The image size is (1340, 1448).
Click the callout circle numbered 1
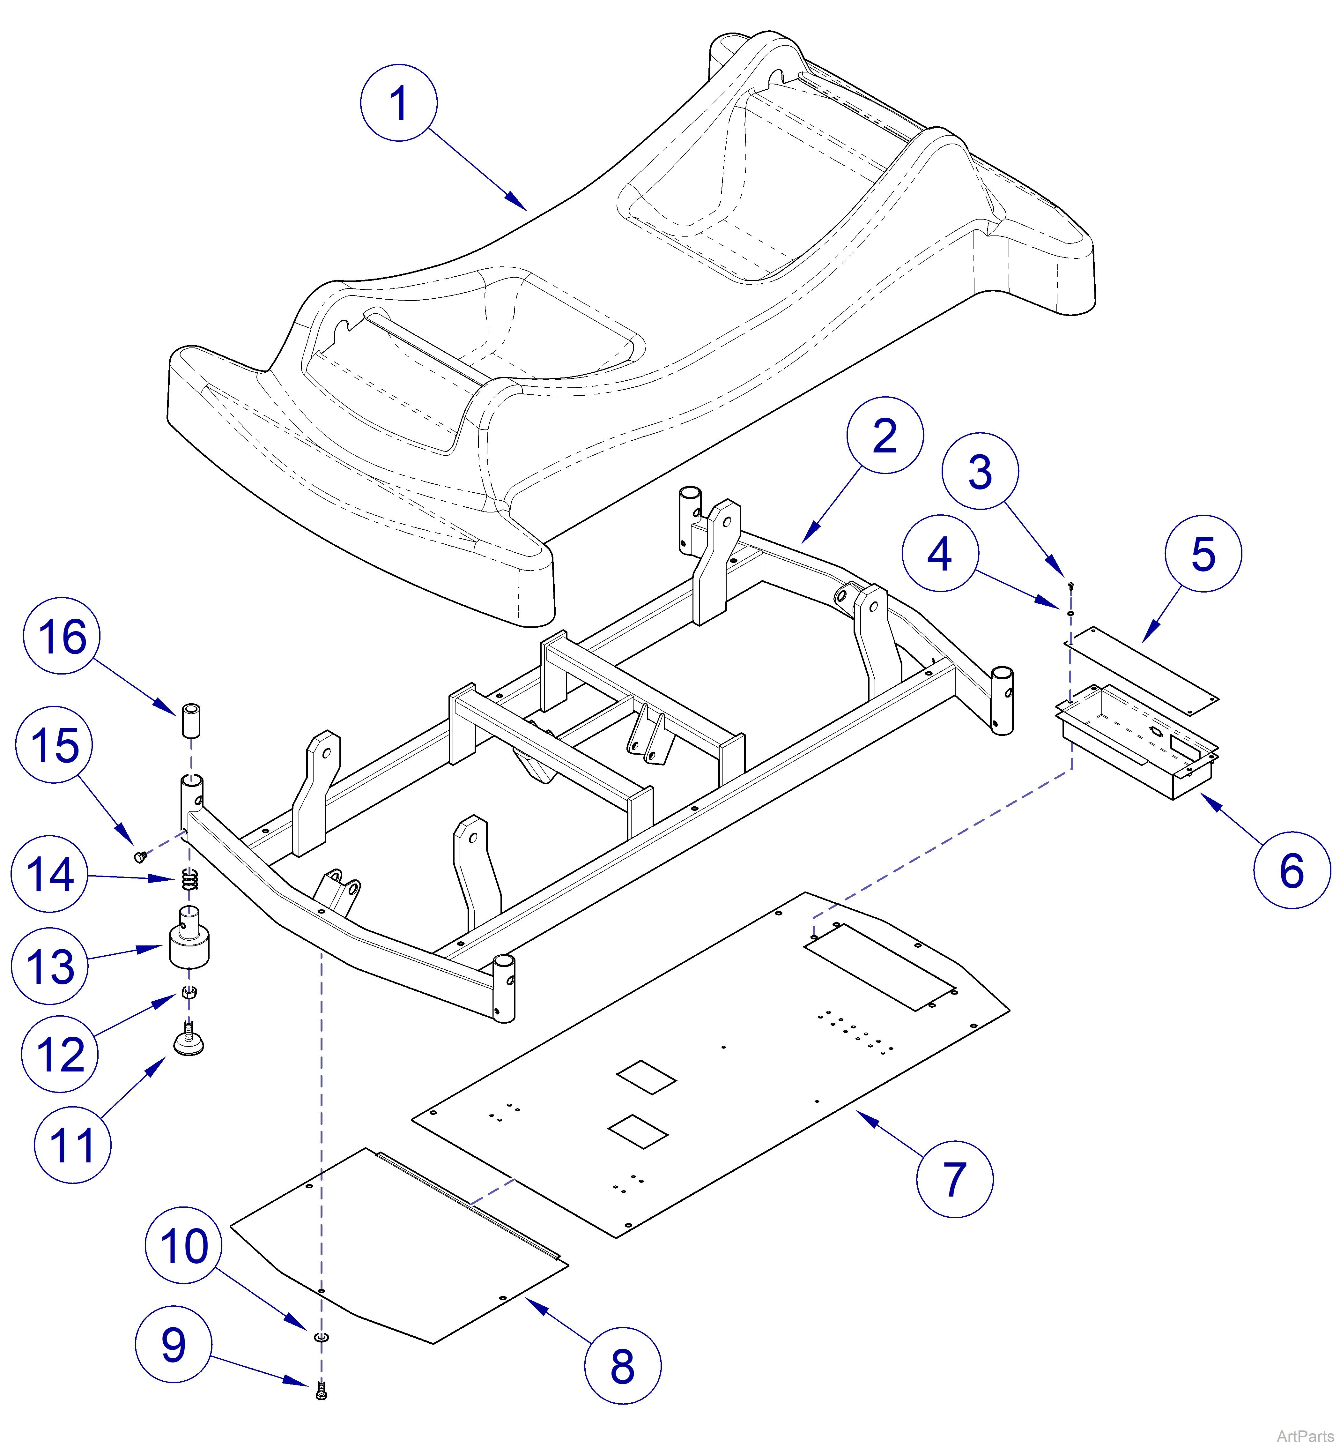click(399, 103)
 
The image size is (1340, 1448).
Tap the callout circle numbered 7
click(954, 1179)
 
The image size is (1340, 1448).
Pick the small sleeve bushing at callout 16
click(191, 720)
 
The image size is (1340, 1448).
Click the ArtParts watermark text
click(1305, 1436)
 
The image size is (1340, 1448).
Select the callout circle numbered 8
click(622, 1366)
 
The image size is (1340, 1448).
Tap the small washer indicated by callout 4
click(1070, 613)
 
